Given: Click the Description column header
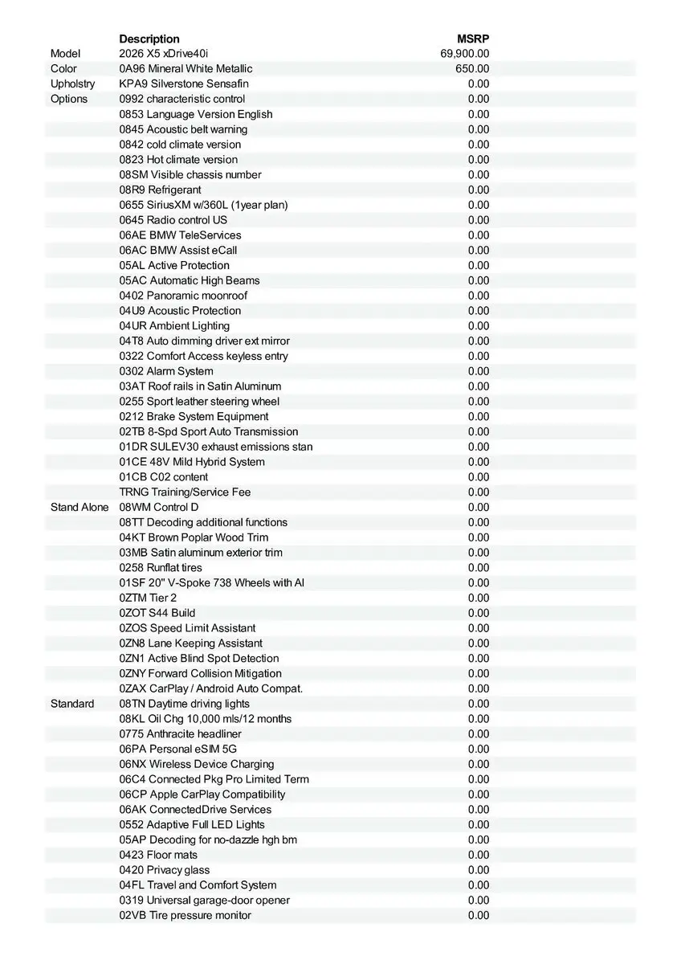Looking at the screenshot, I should (x=149, y=39).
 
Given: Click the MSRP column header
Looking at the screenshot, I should (x=473, y=39).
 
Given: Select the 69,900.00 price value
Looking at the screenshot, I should (x=465, y=54).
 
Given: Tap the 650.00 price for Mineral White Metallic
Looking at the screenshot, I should (x=472, y=69).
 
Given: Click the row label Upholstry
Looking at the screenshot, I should (x=72, y=84).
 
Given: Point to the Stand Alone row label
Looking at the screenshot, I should (x=80, y=507).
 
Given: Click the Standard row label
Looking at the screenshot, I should (x=72, y=704).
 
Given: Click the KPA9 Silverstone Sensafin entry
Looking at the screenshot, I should (x=184, y=84).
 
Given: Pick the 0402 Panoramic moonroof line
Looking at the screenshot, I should (x=183, y=296).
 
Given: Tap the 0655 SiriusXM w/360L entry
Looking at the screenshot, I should (x=203, y=205).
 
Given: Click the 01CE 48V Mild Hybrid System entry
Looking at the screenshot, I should (x=192, y=462).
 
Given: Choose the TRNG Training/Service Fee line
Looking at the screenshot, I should (x=185, y=492).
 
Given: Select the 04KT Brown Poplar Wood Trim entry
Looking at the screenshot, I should (x=194, y=537).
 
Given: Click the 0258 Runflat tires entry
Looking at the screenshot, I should (x=161, y=567).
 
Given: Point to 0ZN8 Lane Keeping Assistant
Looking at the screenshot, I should (x=190, y=643).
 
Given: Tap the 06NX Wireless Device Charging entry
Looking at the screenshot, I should (x=197, y=764).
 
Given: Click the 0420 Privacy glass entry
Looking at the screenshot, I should (x=165, y=870).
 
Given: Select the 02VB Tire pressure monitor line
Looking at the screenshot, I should (x=185, y=915).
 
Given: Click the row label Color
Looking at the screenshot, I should (x=64, y=69).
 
